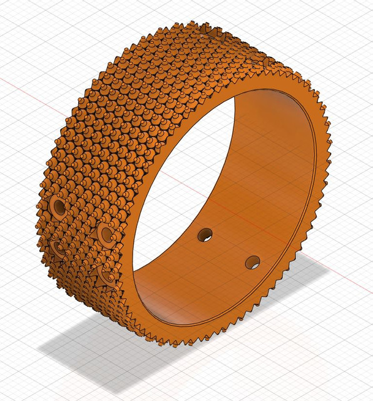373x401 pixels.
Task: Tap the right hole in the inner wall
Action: pyautogui.click(x=253, y=262)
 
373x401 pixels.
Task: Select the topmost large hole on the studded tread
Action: pyautogui.click(x=59, y=206)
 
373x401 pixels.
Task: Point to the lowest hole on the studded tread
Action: pyautogui.click(x=100, y=273)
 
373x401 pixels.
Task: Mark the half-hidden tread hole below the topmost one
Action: pyautogui.click(x=58, y=248)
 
